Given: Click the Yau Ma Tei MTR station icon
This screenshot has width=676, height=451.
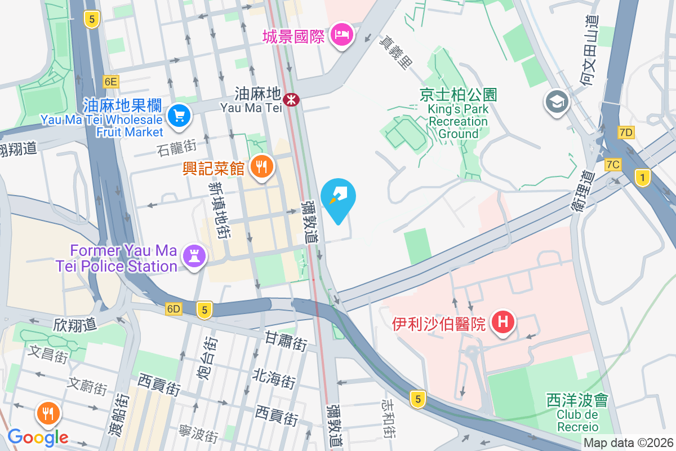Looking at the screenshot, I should tap(291, 100).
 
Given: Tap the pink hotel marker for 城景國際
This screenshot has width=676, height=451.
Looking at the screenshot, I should tap(341, 36).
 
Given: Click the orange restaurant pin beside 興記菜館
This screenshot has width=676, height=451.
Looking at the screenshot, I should tap(261, 167).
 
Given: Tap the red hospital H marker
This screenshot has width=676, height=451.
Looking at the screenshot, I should tap(503, 322).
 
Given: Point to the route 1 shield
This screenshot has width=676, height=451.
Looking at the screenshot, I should tap(642, 178).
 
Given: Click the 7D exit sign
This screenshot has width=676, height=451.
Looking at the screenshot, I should tap(626, 132).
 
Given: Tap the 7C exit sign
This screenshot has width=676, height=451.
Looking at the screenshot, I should tap(613, 165).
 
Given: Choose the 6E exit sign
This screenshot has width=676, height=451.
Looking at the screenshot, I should tap(110, 82).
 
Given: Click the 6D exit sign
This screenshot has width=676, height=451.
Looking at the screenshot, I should tap(174, 309).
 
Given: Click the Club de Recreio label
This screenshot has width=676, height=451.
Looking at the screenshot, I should tap(577, 414).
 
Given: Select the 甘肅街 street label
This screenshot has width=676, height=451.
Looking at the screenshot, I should tap(286, 341).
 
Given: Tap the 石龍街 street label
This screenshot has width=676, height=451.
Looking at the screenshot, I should tap(178, 149).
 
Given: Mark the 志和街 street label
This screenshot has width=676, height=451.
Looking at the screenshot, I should tap(388, 420).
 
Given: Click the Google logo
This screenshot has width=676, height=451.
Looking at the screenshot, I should tap(38, 437).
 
